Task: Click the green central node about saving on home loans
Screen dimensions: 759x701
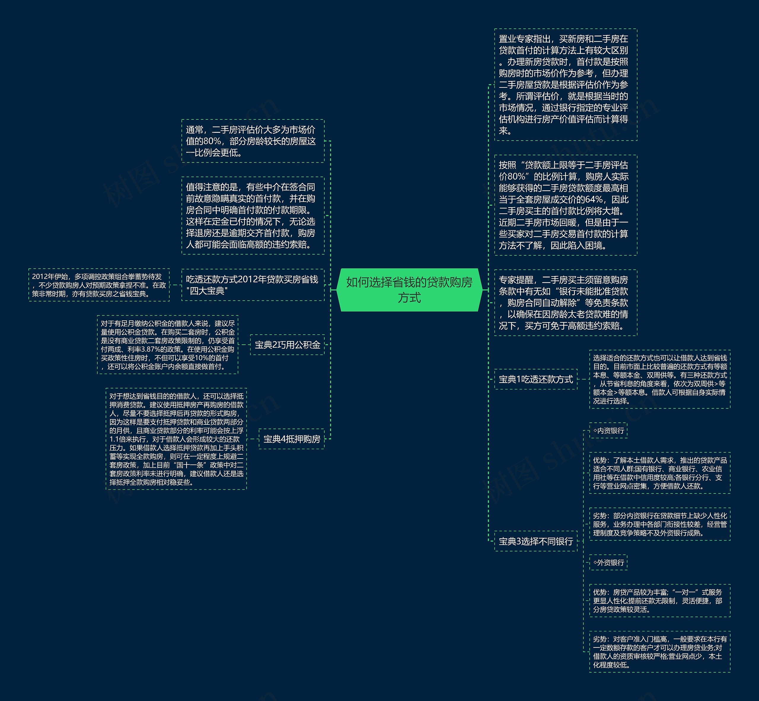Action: pyautogui.click(x=409, y=290)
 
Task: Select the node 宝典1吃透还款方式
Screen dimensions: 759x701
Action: pyautogui.click(x=535, y=379)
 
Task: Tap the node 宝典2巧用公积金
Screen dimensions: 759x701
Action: pyautogui.click(x=287, y=345)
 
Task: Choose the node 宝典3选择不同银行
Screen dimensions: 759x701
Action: pyautogui.click(x=535, y=541)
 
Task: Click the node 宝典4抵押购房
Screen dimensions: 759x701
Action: pyautogui.click(x=291, y=439)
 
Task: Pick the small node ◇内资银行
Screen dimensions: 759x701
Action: pyautogui.click(x=608, y=431)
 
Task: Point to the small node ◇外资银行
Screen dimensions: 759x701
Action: pyautogui.click(x=608, y=563)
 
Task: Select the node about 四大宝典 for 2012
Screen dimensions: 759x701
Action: pyautogui.click(x=253, y=285)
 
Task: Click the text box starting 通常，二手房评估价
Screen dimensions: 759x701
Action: pyautogui.click(x=253, y=141)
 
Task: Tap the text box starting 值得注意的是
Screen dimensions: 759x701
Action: pyautogui.click(x=253, y=215)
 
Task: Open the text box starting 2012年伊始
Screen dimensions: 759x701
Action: pyautogui.click(x=99, y=285)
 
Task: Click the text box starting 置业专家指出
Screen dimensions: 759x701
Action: pyautogui.click(x=565, y=84)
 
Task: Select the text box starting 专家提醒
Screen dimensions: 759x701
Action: pyautogui.click(x=565, y=303)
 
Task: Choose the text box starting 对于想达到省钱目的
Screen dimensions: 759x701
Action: pyautogui.click(x=176, y=439)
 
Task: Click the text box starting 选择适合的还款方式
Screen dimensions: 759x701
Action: pyautogui.click(x=660, y=379)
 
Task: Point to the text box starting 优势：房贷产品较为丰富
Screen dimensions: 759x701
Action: pyautogui.click(x=660, y=601)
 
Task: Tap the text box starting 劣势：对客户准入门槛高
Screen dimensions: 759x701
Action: pyautogui.click(x=660, y=652)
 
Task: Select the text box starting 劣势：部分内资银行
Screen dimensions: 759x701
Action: pyautogui.click(x=660, y=524)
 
